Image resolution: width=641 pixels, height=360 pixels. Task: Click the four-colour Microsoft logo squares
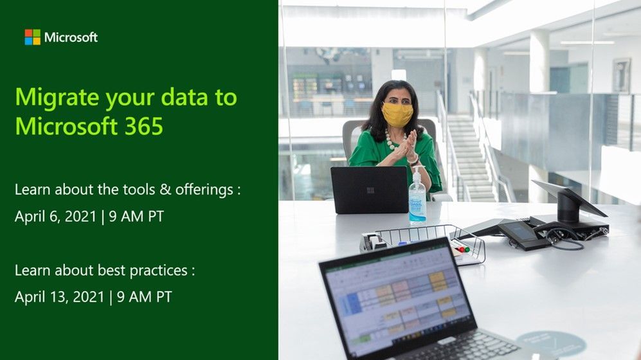click(32, 37)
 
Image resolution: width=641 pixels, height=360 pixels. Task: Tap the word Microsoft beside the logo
click(71, 37)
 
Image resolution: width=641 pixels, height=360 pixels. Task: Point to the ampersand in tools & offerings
click(165, 190)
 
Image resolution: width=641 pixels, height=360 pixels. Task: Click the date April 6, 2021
click(55, 217)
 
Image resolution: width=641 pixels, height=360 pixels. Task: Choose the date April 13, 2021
click(59, 297)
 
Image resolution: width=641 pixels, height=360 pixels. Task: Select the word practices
click(159, 271)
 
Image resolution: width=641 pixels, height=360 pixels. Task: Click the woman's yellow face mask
click(397, 114)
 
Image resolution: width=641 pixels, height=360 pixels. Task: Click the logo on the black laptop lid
click(370, 190)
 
